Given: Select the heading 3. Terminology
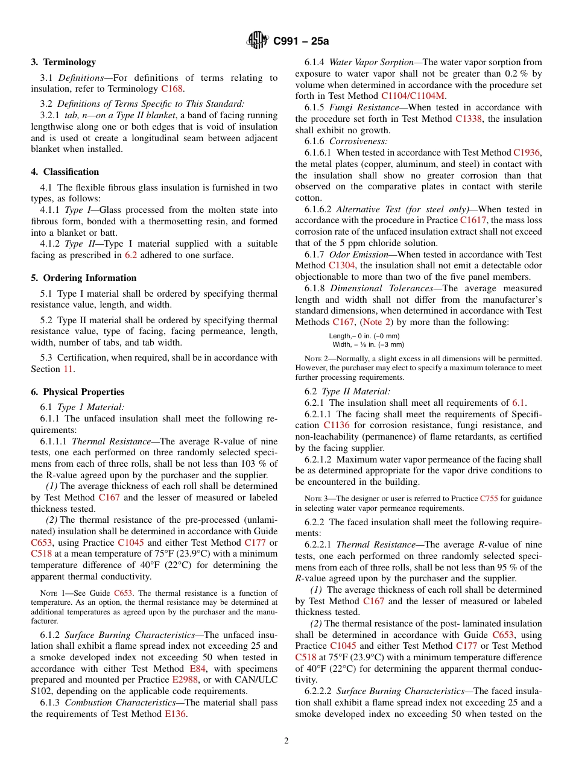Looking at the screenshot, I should tap(63, 62).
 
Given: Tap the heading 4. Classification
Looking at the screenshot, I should tap(65, 172).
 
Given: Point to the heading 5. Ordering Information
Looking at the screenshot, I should tap(84, 278).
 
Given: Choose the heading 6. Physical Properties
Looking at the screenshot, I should tap(78, 392).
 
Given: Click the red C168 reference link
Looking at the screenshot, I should tap(172, 89).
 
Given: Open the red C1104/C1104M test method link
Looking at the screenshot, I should tap(413, 96).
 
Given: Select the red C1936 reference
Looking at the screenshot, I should tap(527, 153).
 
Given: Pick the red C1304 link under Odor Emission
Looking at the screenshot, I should tap(341, 265).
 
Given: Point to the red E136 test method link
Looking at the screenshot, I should tap(176, 714).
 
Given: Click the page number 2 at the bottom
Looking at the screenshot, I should tap(286, 741).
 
